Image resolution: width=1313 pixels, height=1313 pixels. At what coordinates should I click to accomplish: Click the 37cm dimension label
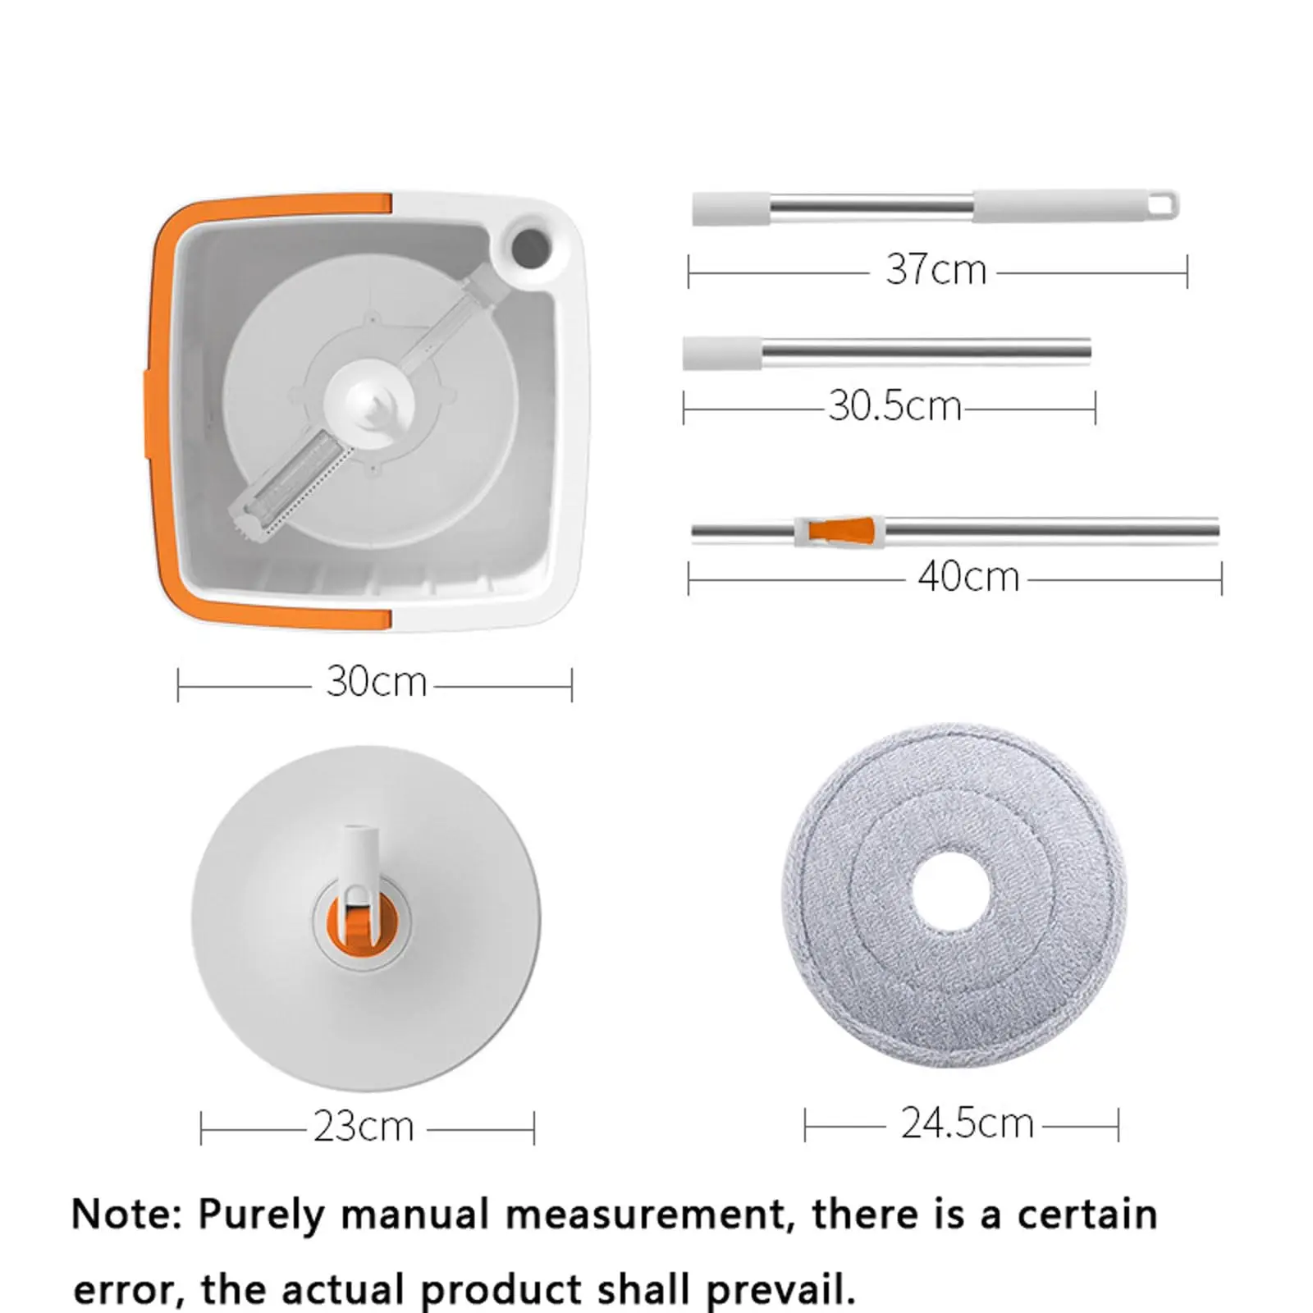[x=936, y=269]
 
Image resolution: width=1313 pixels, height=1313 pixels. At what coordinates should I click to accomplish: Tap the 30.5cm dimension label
[x=894, y=405]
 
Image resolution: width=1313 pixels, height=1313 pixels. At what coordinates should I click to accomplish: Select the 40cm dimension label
[x=968, y=576]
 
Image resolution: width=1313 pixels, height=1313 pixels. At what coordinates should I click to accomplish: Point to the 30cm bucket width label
[x=377, y=682]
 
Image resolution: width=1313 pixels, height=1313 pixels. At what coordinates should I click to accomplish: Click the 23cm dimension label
[x=364, y=1126]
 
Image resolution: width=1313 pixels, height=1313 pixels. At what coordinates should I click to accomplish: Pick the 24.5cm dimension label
[x=968, y=1123]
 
